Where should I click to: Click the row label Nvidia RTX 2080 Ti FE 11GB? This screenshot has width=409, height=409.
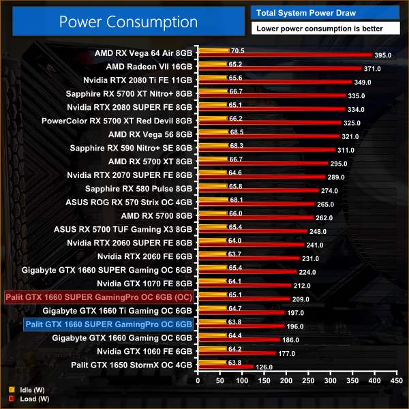tap(139, 80)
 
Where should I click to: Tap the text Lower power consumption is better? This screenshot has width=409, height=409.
tap(316, 29)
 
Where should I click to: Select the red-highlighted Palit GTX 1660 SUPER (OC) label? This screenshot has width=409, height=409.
tap(99, 297)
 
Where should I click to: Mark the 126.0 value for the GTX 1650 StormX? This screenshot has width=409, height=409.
tap(263, 367)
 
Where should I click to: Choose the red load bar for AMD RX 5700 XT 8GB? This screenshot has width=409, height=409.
tap(262, 164)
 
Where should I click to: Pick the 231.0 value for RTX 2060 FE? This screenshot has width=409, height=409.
tap(311, 258)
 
